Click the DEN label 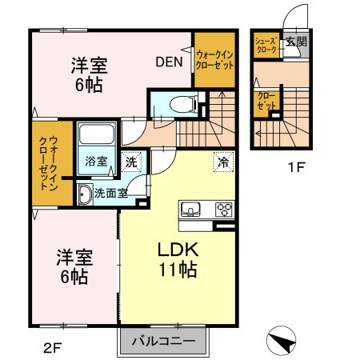(169, 61)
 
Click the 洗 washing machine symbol (132, 161)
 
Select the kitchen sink (192, 210)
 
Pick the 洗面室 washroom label (110, 192)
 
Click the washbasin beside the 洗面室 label (85, 192)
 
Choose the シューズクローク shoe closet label (266, 44)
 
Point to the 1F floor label (298, 168)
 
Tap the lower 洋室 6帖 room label (73, 267)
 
